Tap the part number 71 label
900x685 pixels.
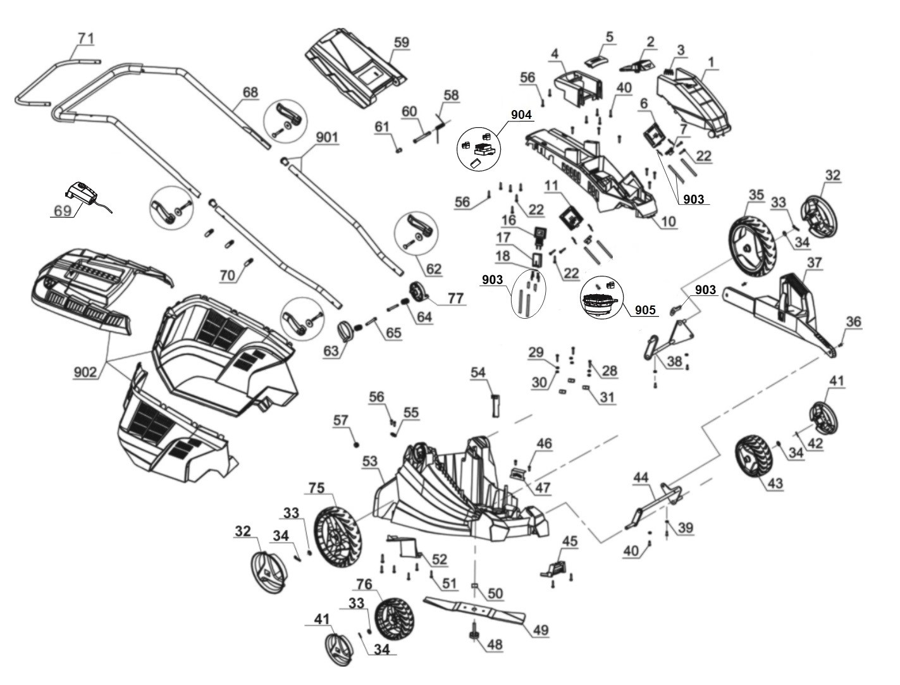85,39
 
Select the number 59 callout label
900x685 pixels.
401,42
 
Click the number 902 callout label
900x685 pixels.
85,372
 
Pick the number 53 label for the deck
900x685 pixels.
369,463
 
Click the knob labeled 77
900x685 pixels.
419,293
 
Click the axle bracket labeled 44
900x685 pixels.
655,502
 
